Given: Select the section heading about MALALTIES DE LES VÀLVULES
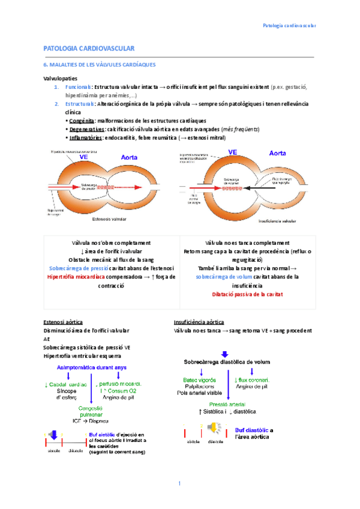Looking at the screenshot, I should click(100, 64).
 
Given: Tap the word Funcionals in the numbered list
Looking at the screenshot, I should click(77, 88).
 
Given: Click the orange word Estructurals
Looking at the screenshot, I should click(79, 104).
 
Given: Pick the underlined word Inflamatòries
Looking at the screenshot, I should click(85, 137).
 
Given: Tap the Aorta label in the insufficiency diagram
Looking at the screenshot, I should click(277, 154).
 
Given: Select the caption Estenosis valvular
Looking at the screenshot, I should click(109, 220).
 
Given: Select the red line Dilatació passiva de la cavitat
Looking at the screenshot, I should click(247, 294).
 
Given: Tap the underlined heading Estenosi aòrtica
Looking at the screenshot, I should click(63, 322).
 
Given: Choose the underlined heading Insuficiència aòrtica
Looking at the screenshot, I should click(199, 322).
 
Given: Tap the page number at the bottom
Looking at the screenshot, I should click(179, 484).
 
